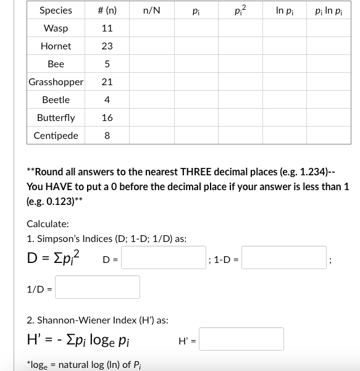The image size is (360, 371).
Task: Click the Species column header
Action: tap(56, 10)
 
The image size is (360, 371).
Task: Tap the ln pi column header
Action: tap(285, 10)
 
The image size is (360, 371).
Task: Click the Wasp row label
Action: tap(56, 28)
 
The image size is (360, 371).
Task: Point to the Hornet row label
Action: tap(56, 46)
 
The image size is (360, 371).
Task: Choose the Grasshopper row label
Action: tap(56, 82)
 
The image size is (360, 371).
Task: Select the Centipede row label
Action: tap(56, 136)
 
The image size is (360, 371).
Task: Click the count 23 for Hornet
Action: tap(107, 46)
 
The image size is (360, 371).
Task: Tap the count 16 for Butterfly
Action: tap(107, 118)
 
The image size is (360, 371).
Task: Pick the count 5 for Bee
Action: tap(107, 64)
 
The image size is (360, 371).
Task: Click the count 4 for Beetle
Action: tap(107, 100)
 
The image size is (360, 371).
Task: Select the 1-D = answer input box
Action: tap(285, 257)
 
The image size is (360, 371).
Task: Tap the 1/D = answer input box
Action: tap(98, 287)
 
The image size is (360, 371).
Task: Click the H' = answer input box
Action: tap(241, 339)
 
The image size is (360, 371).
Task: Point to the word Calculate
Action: tap(48, 224)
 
